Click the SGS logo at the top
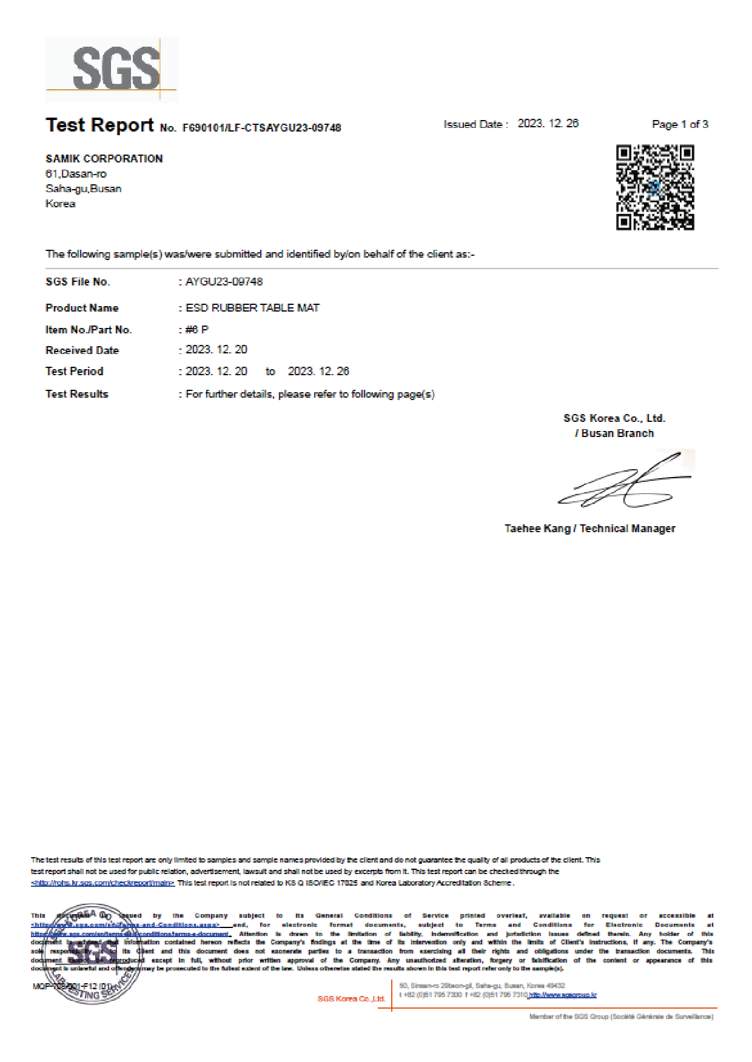tap(112, 69)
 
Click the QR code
tap(655, 187)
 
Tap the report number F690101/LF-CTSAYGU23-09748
tap(261, 128)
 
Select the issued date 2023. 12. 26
tap(548, 124)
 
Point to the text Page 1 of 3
tap(680, 124)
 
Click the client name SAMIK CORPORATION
tap(104, 159)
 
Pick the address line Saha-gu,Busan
tap(84, 189)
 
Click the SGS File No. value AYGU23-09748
tap(224, 282)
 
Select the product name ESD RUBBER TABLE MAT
tap(252, 308)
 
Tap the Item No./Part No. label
tap(89, 330)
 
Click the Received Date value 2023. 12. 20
tap(217, 350)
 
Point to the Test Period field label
tap(75, 372)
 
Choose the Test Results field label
tap(77, 394)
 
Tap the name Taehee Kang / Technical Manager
tap(589, 529)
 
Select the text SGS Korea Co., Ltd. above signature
tap(614, 418)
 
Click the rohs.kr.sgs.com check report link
tap(102, 883)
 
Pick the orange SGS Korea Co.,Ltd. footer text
tap(351, 998)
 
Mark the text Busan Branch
tap(617, 433)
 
